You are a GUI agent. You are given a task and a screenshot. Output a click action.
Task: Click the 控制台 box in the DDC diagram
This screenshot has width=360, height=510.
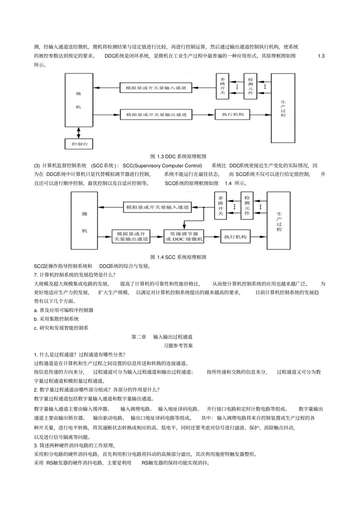(x=79, y=144)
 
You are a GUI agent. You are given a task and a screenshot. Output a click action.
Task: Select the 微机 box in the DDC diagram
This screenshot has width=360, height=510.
(x=78, y=100)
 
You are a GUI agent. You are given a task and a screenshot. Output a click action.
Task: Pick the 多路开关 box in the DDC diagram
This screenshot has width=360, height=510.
(x=222, y=86)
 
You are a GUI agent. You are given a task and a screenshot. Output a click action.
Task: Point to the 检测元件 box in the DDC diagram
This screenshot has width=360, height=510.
(x=250, y=86)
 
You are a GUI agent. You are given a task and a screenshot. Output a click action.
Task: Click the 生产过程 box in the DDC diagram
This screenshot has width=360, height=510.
(x=283, y=108)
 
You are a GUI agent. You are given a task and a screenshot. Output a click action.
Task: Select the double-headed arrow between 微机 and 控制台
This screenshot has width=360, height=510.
(x=79, y=133)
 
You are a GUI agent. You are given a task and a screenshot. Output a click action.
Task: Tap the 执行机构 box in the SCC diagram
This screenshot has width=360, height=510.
(x=235, y=237)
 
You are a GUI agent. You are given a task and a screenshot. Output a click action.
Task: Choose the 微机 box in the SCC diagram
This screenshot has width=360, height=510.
(x=85, y=221)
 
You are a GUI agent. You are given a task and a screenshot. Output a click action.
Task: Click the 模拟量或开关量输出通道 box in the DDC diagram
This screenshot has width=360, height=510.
(x=156, y=115)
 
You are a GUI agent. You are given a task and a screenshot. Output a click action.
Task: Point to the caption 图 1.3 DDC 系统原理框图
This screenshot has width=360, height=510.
(x=178, y=157)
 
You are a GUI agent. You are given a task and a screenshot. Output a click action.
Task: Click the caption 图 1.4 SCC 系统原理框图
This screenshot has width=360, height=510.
(x=178, y=257)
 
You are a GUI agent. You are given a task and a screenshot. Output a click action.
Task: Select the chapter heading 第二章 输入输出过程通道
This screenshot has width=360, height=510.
(x=162, y=337)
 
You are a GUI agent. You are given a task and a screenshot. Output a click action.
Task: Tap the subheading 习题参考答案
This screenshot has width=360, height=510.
(x=178, y=346)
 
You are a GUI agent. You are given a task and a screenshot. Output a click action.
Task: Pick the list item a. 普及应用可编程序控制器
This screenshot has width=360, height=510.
(x=64, y=310)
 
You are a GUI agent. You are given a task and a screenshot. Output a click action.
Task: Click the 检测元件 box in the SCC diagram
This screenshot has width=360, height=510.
(x=247, y=206)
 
